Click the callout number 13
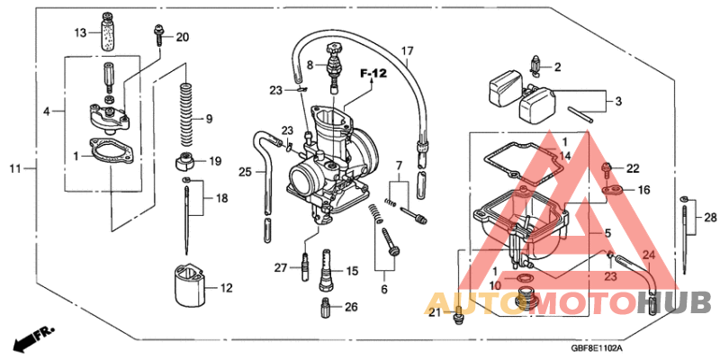[x=79, y=33]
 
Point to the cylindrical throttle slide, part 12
[x=188, y=288]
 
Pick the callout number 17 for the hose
[x=406, y=51]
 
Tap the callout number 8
[x=310, y=66]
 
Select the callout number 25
[x=245, y=172]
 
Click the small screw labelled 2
[x=535, y=66]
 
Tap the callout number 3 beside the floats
[x=619, y=100]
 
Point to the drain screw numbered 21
[x=458, y=312]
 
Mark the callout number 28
[x=709, y=219]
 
